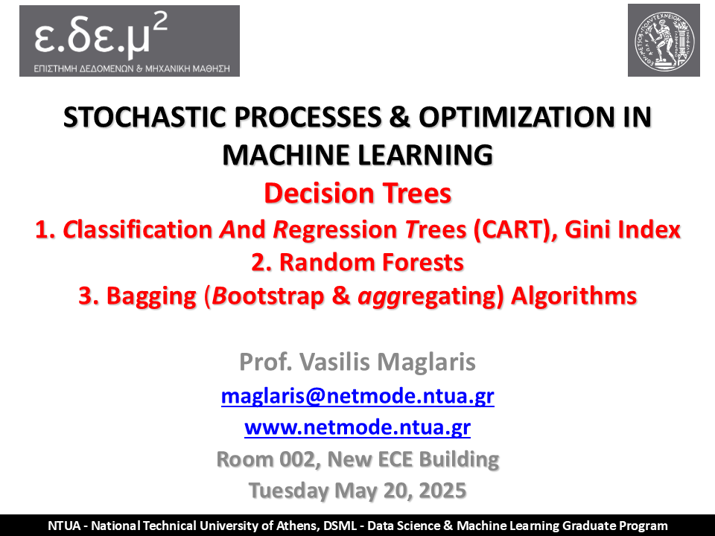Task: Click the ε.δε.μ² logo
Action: click(130, 41)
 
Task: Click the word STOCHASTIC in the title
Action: click(144, 117)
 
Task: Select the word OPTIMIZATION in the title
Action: click(517, 117)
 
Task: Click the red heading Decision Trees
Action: click(357, 194)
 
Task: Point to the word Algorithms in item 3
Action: click(573, 296)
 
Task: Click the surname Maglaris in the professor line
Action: click(426, 363)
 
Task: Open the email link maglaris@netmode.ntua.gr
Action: click(357, 395)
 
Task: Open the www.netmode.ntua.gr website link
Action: click(357, 427)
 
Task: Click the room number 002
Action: click(299, 459)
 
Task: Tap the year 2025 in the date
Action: click(442, 491)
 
